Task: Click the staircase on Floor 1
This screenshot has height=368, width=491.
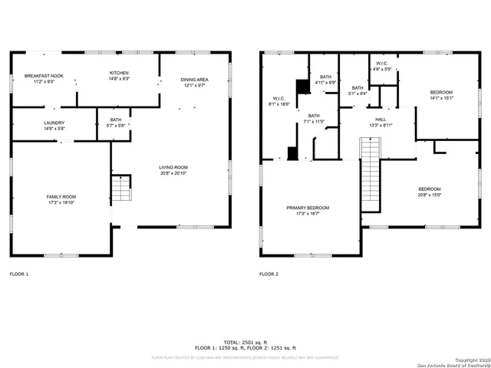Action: coord(121,188)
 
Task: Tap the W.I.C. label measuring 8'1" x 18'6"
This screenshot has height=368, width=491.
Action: coord(279,100)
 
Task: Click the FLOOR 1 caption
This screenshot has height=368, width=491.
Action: coord(18,274)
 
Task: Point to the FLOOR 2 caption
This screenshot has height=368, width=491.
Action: coord(269,274)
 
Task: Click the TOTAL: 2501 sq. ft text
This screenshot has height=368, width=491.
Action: coord(245,342)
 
